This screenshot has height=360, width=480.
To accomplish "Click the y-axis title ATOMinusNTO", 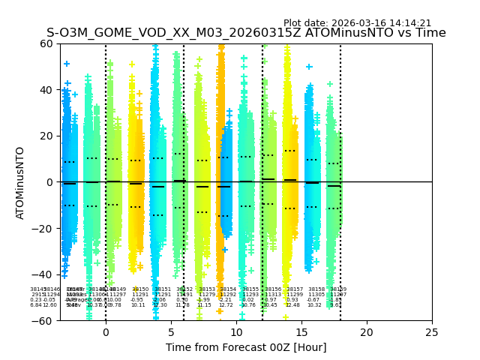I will pos(20,182).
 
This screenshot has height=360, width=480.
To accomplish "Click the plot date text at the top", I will pos(357,23).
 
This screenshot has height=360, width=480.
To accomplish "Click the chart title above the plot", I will pos(246,33).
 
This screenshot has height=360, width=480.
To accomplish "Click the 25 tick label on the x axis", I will pos(432,331).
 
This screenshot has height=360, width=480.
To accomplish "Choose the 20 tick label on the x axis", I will pos(367,331).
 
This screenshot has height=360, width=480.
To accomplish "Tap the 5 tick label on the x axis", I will pos(171,331).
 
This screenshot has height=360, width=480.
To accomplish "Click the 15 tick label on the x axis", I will pos(301,331).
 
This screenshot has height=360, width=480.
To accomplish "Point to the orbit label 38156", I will pos(273,289).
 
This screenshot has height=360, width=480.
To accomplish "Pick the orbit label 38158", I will pos(316,289).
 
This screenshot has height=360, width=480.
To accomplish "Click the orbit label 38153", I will pos(207,289).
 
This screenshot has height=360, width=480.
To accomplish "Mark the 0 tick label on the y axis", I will pos(49,182).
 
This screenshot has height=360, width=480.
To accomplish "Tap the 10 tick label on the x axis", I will pos(236,331).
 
